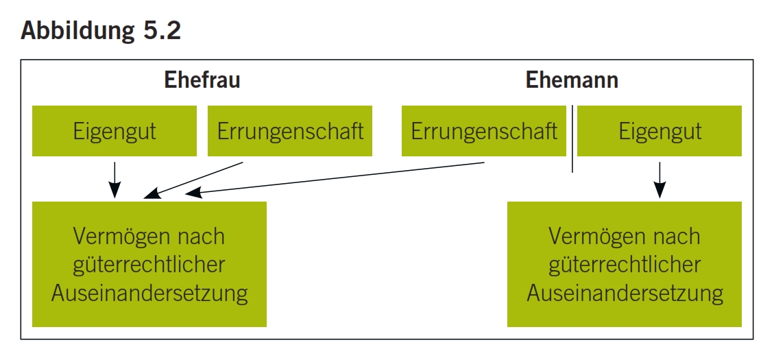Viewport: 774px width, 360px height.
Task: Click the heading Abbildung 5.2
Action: [x=101, y=31]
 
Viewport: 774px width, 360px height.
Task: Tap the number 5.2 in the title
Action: [x=162, y=31]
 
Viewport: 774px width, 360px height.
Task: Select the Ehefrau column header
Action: [x=202, y=80]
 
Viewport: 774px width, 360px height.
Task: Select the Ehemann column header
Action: [x=572, y=80]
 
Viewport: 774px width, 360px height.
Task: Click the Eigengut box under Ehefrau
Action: [x=114, y=131]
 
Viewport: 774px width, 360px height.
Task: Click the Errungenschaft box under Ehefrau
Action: [x=290, y=131]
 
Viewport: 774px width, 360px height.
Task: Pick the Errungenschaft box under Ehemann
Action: [x=484, y=131]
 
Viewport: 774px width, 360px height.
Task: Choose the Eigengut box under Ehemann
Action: [x=660, y=131]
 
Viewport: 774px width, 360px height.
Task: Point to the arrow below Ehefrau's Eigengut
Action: [x=115, y=179]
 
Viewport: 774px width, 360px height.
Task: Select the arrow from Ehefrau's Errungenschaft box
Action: [x=195, y=180]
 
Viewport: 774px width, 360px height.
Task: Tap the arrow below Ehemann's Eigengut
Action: [x=660, y=179]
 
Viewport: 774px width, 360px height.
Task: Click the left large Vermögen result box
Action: [x=149, y=264]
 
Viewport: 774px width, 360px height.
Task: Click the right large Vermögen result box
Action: [x=625, y=264]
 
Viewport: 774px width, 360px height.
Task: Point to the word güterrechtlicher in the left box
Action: [x=149, y=265]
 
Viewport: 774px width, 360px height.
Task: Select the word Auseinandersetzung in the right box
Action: [x=625, y=293]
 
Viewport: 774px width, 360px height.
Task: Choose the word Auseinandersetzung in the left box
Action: [x=149, y=293]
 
